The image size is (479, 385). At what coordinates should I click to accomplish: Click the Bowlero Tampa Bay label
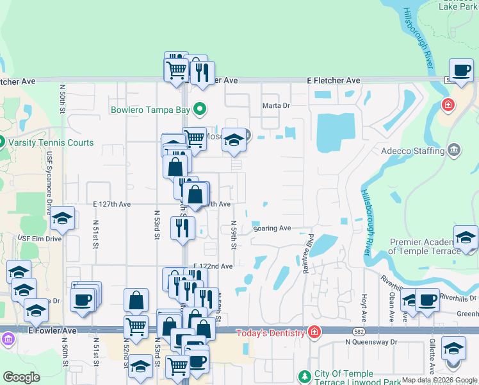click(150, 110)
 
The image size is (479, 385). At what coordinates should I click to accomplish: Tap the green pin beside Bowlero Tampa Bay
click(199, 110)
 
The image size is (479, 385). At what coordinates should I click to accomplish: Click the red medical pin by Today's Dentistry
click(314, 332)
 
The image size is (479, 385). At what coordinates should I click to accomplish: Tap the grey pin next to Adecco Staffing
click(454, 151)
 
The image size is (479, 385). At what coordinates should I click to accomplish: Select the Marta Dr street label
click(276, 105)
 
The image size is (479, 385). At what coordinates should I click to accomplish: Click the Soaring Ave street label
click(272, 228)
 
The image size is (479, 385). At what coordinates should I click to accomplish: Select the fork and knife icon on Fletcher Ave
click(202, 73)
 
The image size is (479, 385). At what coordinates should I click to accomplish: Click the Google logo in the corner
click(21, 377)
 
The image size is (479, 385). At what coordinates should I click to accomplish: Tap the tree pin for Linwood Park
click(304, 375)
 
